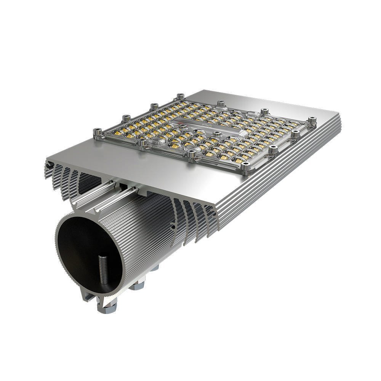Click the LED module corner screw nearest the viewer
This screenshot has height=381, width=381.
coord(246,165)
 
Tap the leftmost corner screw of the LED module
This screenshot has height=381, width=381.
coord(96,132)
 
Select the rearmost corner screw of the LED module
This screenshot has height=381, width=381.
coord(180,96)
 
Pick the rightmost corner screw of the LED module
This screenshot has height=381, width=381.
coord(312,120)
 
